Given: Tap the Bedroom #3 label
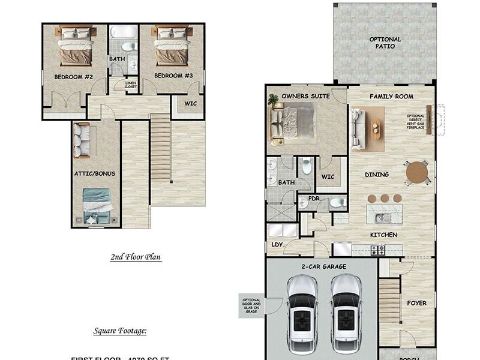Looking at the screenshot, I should click(173, 76).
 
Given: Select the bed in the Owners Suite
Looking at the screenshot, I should click(293, 124).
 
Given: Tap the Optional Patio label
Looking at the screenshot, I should click(385, 43).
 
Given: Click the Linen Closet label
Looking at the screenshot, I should click(131, 85).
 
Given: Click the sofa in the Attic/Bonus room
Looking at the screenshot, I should click(81, 140).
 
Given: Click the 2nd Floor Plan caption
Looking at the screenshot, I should click(136, 257).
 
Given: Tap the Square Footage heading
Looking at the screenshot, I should click(120, 331).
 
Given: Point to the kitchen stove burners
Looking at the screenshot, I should click(377, 250).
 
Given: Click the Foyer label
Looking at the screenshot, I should click(416, 303).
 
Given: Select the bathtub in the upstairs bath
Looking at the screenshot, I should click(123, 32).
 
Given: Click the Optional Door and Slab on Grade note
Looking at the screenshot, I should click(251, 305).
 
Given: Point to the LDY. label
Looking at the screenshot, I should click(277, 244).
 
